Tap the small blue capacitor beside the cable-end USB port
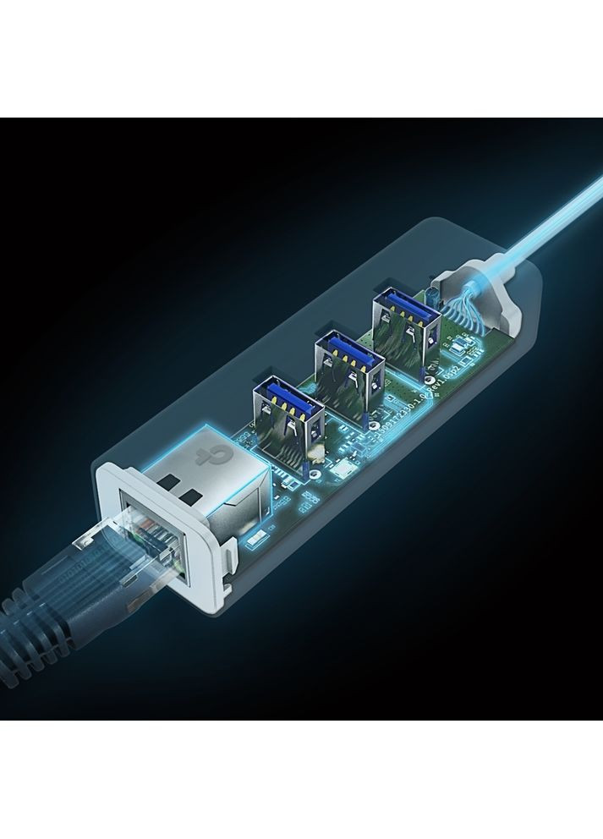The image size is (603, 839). [431, 296]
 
